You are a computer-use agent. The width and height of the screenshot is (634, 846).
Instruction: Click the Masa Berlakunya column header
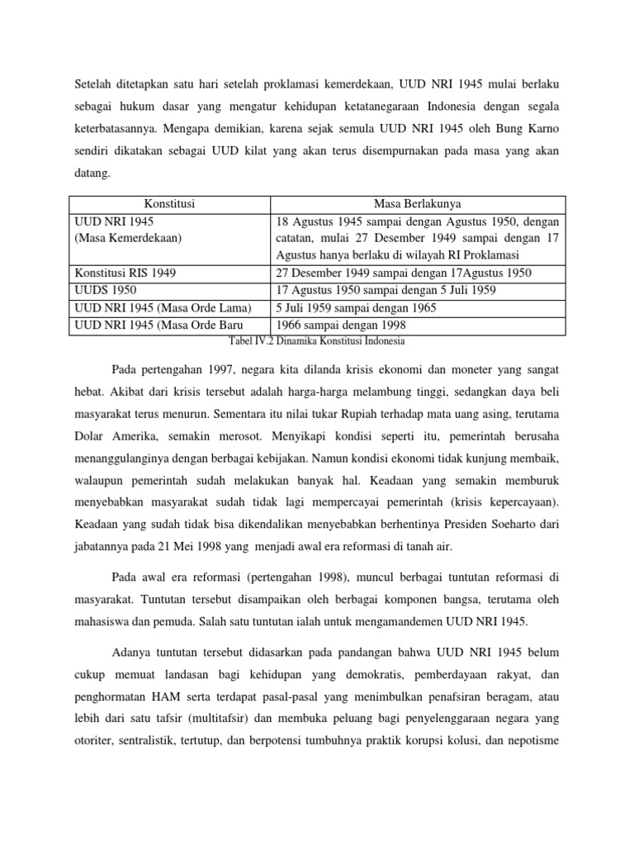(x=418, y=204)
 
